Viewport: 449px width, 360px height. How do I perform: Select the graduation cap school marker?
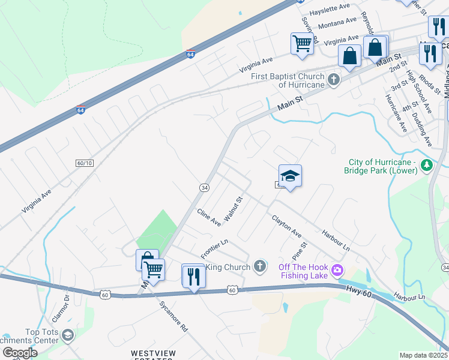[x=290, y=176]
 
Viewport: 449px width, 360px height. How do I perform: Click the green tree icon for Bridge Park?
[x=426, y=164]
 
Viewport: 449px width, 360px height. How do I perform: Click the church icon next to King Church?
[x=259, y=266]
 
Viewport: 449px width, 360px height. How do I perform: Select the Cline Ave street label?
[x=209, y=217]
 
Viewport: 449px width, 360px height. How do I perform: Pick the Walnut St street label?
[x=233, y=209]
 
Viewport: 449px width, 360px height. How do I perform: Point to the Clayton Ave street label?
[x=286, y=226]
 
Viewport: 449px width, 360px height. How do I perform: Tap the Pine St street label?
[x=299, y=250]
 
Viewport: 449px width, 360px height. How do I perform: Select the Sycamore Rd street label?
[x=174, y=320]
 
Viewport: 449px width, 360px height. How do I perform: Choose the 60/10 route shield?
[x=85, y=163]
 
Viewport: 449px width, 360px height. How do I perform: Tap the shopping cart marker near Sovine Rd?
[x=302, y=43]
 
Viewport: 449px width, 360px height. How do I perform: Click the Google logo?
[x=20, y=352]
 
